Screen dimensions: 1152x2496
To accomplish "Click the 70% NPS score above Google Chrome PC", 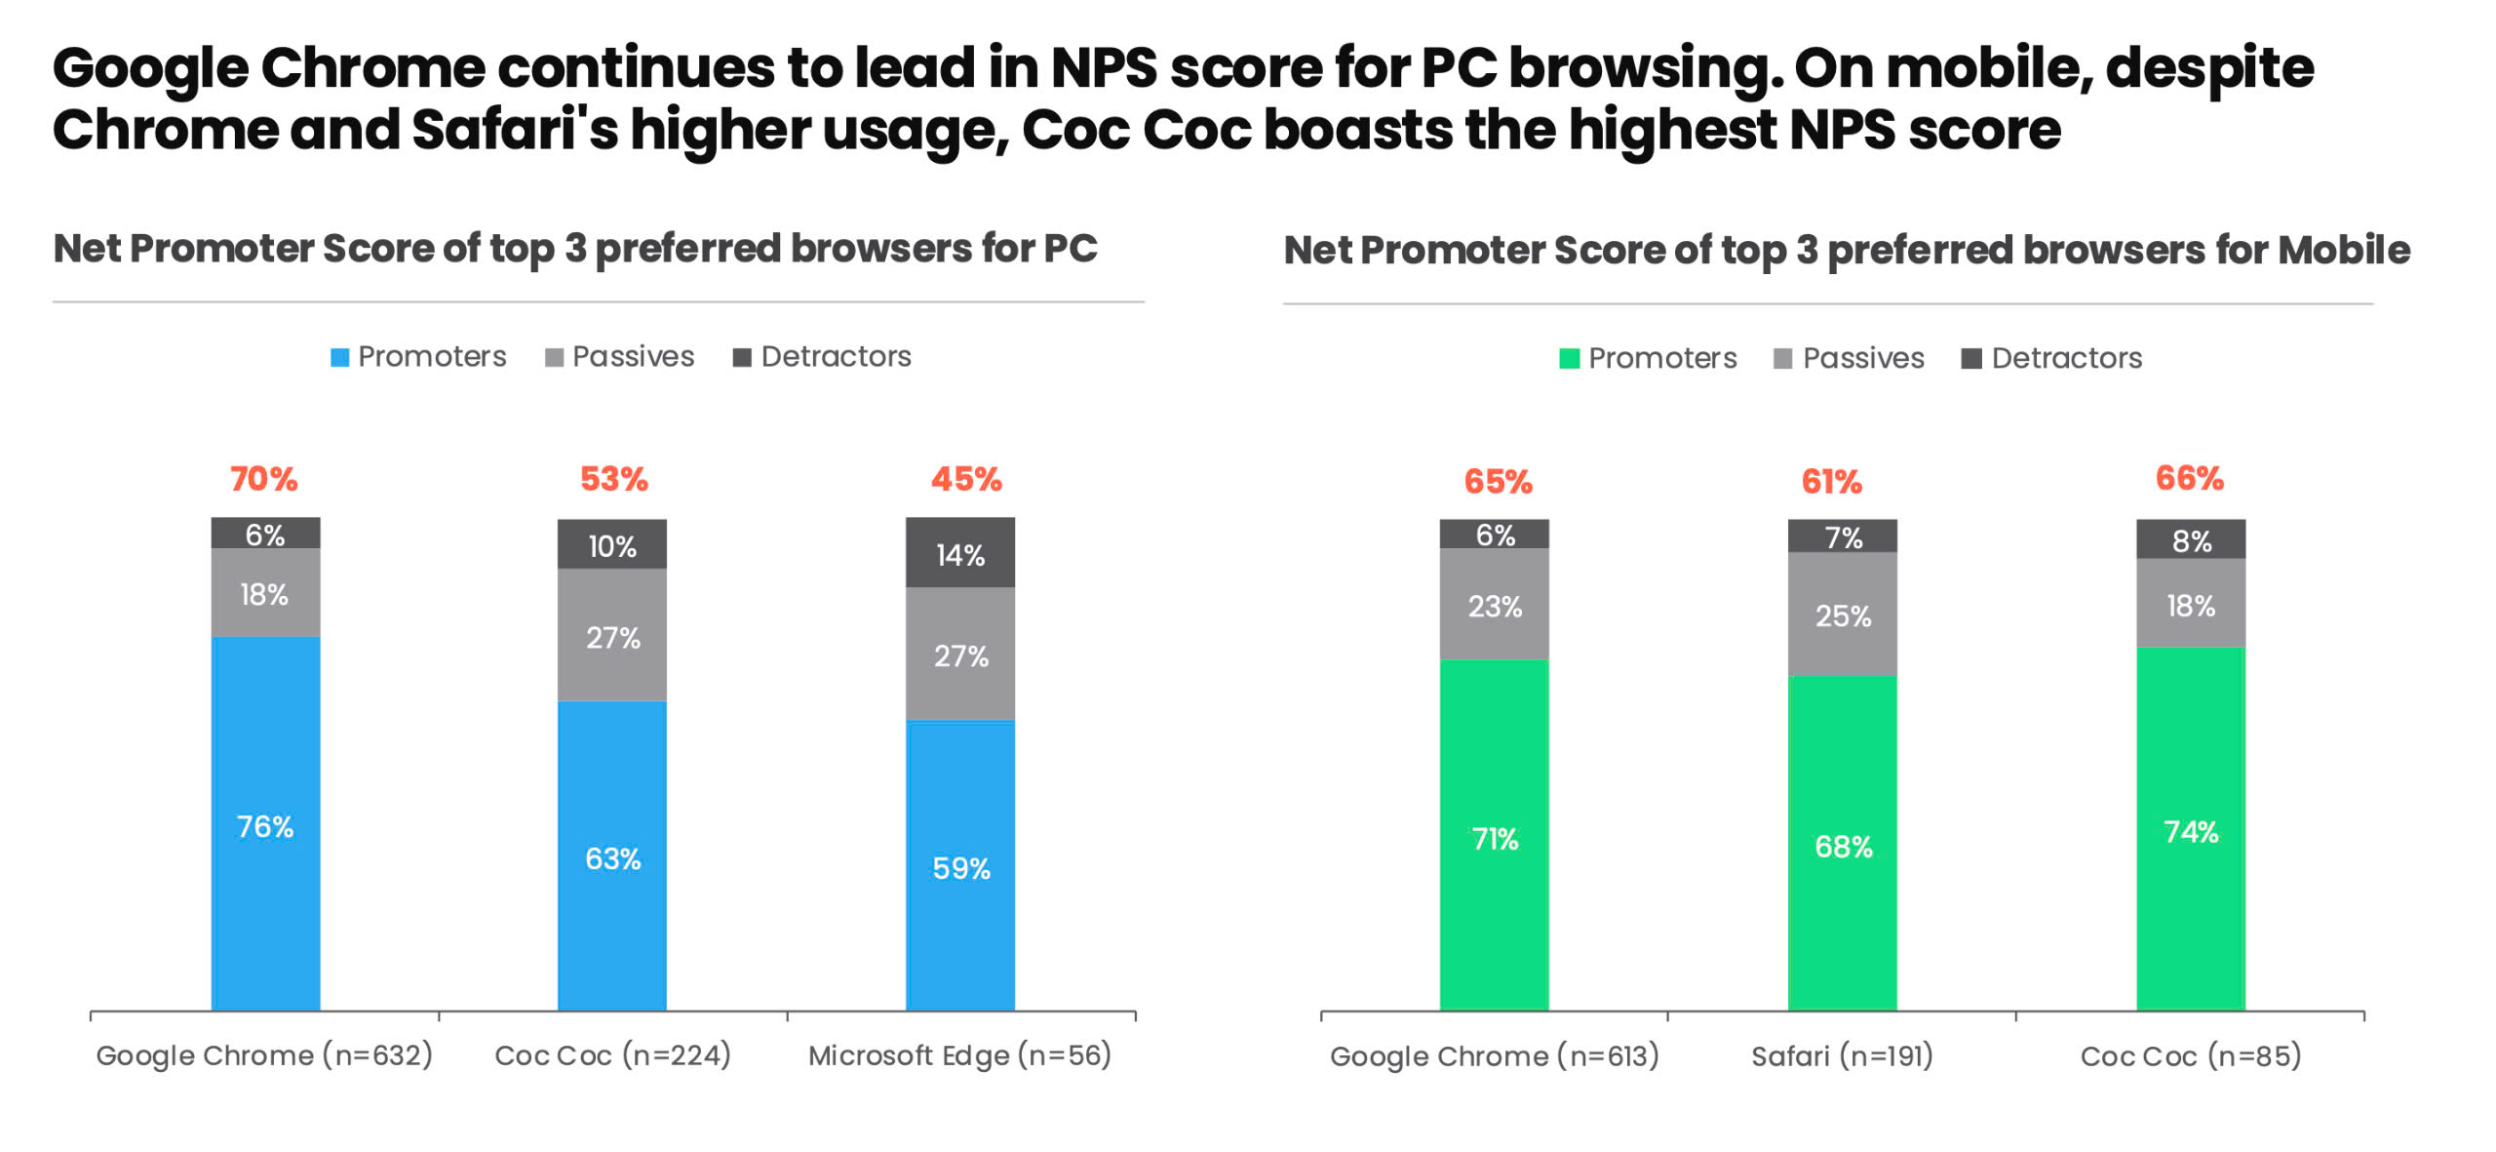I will point(263,479).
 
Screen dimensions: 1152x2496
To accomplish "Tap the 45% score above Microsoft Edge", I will point(965,479).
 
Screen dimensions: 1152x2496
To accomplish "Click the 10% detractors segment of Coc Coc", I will point(612,544).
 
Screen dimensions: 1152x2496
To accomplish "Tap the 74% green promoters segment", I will point(2191,830).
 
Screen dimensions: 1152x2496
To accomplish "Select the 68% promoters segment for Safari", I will point(1843,845).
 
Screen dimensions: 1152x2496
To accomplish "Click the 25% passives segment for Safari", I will point(1843,615).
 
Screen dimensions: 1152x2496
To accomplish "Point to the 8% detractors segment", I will point(2191,539).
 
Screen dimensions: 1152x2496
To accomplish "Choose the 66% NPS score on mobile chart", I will point(2189,478).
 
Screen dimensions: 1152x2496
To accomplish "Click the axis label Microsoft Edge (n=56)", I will point(959,1054).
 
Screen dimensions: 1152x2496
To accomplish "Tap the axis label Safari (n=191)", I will point(1842,1055).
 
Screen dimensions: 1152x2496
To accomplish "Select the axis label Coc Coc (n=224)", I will point(612,1054).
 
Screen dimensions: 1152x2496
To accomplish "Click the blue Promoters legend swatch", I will point(339,357).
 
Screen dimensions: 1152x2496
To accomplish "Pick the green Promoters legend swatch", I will point(1569,359).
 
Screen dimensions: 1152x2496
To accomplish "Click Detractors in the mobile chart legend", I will point(2066,358).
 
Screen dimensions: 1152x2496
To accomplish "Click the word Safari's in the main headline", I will point(514,130).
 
